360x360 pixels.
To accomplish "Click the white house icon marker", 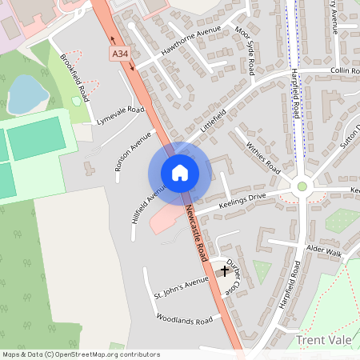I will (x=180, y=173).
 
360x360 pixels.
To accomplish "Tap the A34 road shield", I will (x=121, y=54).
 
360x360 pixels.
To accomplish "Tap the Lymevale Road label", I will (x=120, y=115).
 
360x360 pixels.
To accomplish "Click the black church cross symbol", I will (x=225, y=271).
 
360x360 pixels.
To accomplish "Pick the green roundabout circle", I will (x=302, y=187).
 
